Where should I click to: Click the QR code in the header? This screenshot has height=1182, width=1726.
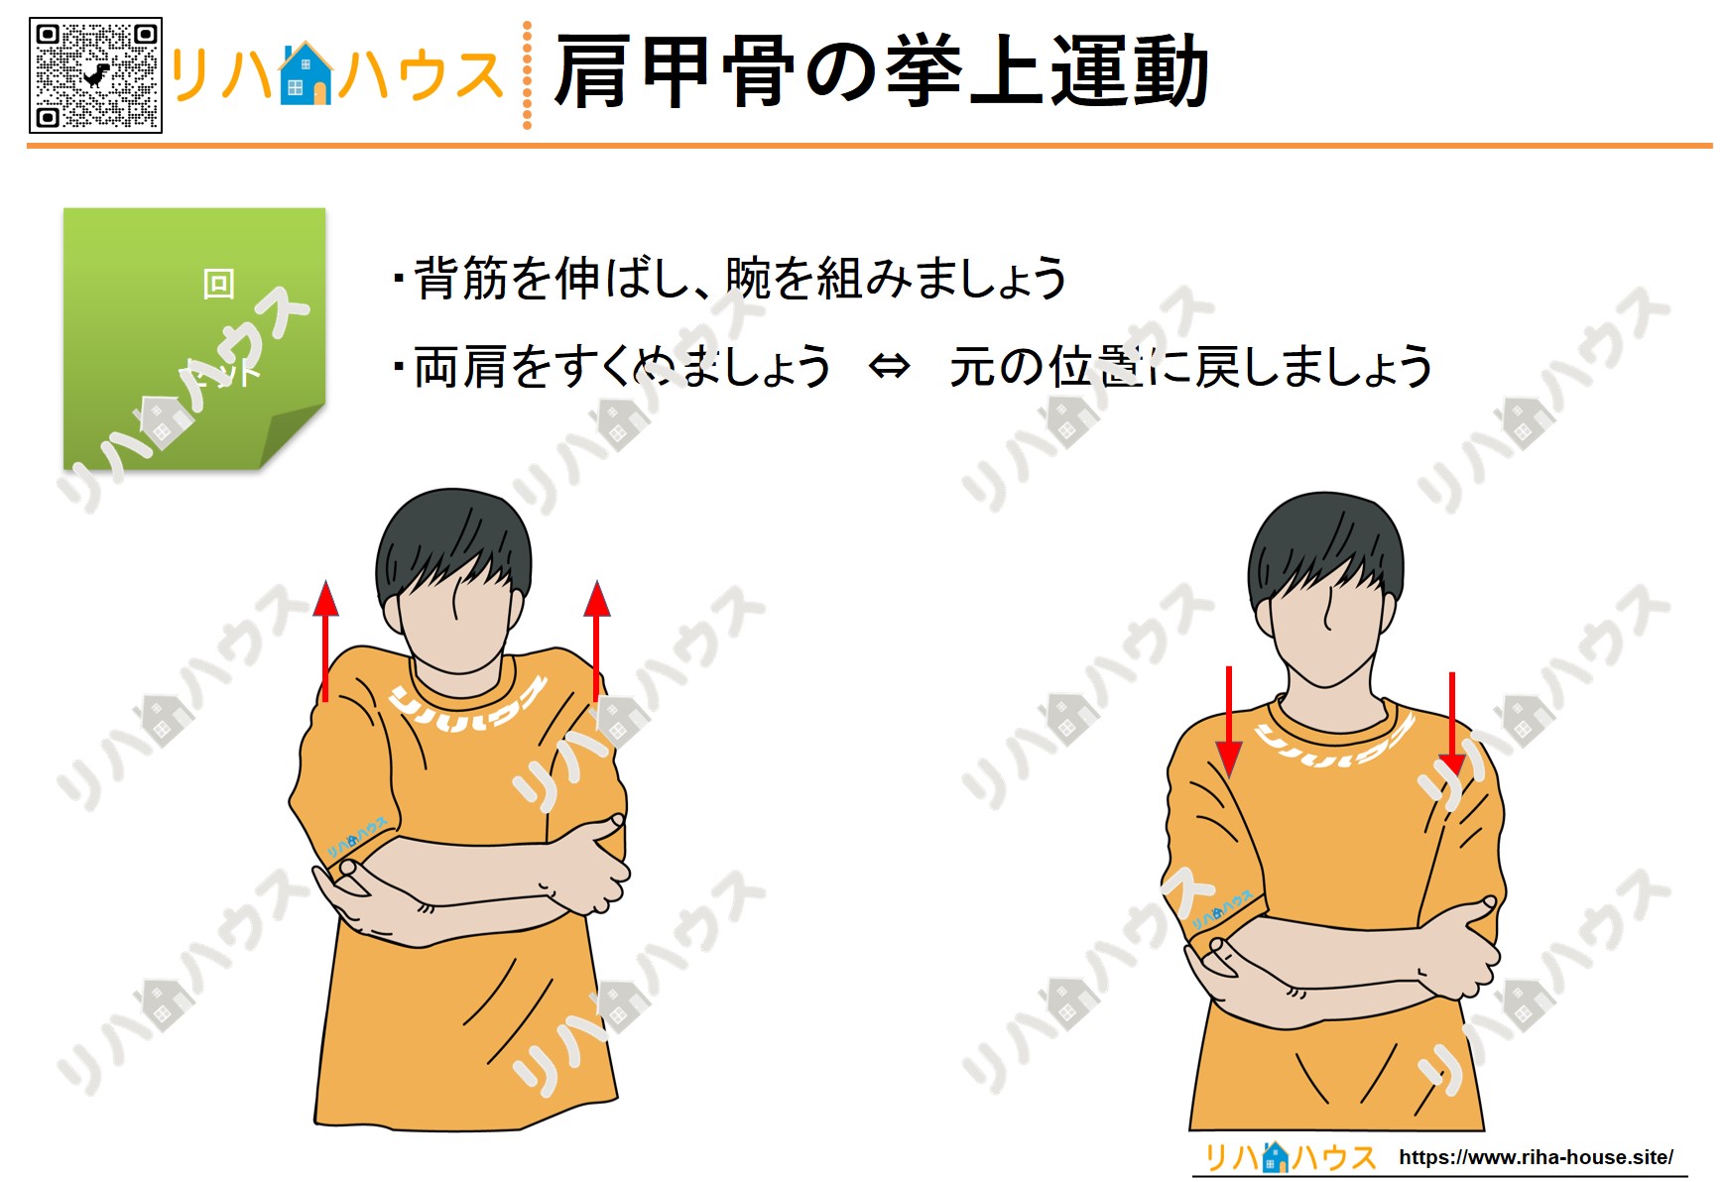tap(95, 75)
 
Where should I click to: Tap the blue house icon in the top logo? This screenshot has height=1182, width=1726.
tap(305, 74)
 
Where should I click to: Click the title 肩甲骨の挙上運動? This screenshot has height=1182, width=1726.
tap(881, 71)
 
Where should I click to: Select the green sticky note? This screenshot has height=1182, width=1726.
tap(194, 337)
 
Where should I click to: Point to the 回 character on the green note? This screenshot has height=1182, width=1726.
tap(218, 284)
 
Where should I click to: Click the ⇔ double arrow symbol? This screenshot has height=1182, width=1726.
tap(888, 367)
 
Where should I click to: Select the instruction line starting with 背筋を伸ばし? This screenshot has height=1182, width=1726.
tap(730, 279)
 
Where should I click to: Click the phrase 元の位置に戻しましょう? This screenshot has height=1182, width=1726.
tap(1190, 367)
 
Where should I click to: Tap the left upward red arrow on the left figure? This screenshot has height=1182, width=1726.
tap(325, 641)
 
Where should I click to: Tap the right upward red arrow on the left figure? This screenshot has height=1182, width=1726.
tap(596, 641)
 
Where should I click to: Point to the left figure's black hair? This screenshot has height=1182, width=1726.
tap(453, 540)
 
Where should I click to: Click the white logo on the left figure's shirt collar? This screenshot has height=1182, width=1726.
tap(466, 706)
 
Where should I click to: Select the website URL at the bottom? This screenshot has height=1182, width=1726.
tap(1536, 1157)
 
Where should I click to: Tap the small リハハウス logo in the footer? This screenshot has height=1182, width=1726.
tap(1289, 1157)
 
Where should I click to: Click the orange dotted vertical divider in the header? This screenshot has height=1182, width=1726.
tap(527, 75)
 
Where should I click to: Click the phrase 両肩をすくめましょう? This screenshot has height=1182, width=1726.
tap(622, 367)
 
